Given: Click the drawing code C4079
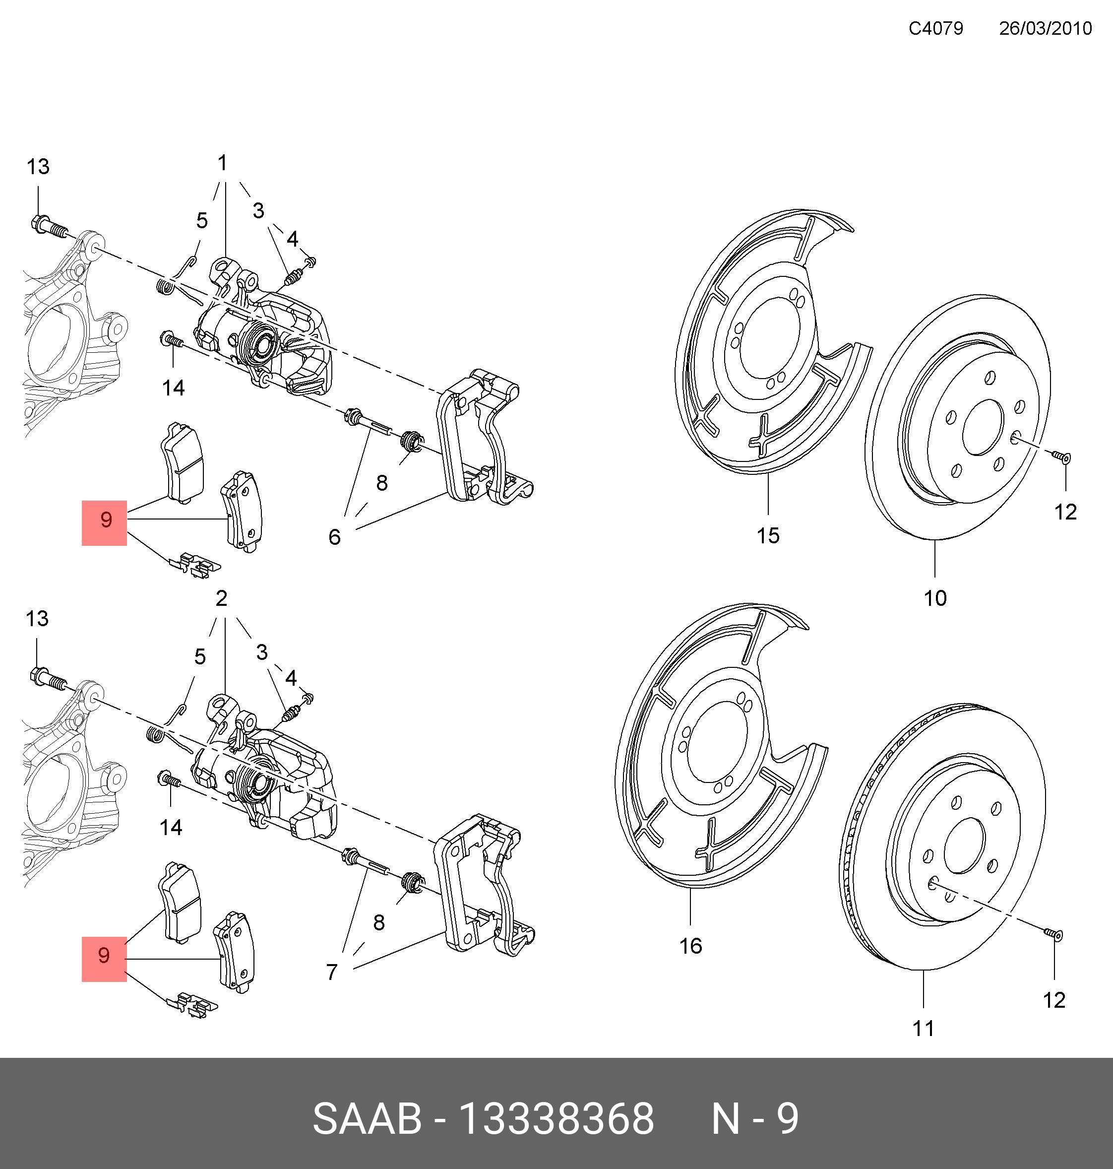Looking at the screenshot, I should [x=935, y=28].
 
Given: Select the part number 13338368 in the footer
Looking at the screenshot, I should [x=556, y=1118].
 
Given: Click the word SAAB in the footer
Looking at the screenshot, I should [x=367, y=1118].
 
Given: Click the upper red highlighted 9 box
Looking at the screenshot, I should [x=105, y=522].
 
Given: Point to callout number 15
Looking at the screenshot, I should [x=767, y=535].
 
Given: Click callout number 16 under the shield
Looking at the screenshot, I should [x=690, y=946].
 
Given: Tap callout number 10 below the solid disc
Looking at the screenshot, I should [x=935, y=598].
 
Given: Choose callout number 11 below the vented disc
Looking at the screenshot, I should [x=923, y=1028].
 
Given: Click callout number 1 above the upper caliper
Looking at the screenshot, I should [x=223, y=163].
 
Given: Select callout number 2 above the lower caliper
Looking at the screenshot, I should [x=221, y=598].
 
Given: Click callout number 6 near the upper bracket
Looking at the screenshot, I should [x=335, y=537].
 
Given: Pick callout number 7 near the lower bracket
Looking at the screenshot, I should [x=332, y=972].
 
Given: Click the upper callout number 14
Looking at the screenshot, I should [x=173, y=388].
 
